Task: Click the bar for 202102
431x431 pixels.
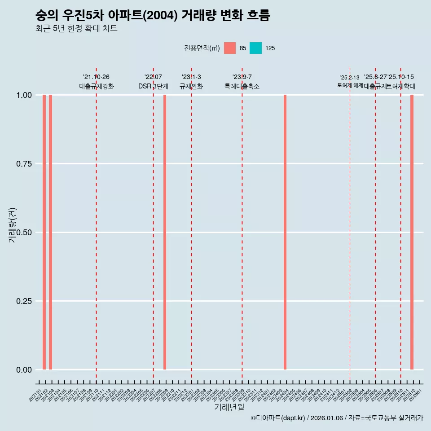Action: [44, 232]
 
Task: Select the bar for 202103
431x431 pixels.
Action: [50, 232]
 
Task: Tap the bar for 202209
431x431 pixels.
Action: [165, 232]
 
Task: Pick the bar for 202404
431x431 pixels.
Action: [285, 232]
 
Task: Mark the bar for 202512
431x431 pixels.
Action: [412, 232]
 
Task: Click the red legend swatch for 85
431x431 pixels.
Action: [230, 48]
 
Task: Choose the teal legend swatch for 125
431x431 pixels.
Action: [255, 48]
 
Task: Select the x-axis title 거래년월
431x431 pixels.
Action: [229, 408]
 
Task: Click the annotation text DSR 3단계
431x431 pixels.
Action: [153, 86]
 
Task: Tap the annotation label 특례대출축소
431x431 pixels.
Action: [242, 86]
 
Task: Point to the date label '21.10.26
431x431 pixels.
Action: [96, 77]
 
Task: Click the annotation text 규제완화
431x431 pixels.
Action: [191, 86]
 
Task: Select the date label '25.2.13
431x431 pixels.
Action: [350, 78]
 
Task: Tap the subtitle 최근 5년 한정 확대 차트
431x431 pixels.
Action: [76, 29]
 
